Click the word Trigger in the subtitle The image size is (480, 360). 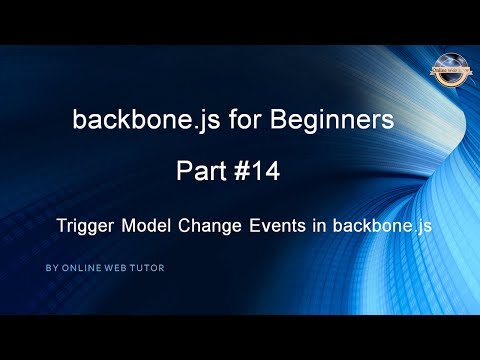pyautogui.click(x=86, y=227)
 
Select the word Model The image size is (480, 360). pyautogui.click(x=148, y=226)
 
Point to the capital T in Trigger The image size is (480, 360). pyautogui.click(x=62, y=226)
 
